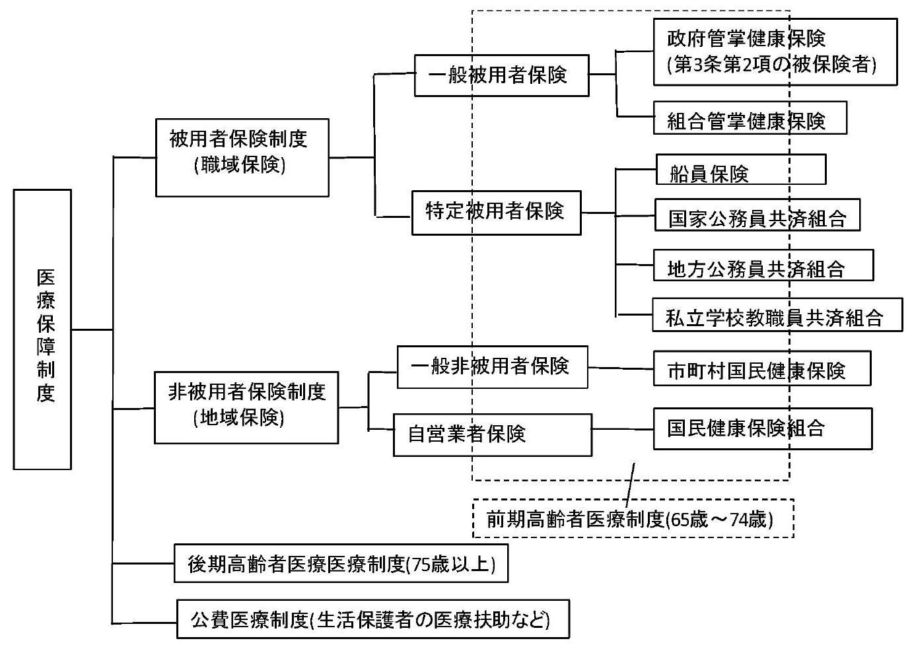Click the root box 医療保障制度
tap(42, 329)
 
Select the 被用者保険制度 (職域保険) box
tap(242, 157)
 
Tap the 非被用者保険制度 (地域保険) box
tap(246, 407)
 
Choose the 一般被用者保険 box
tap(501, 75)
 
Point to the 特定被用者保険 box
tap(496, 213)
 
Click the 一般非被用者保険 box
tap(492, 366)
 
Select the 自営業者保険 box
tap(492, 434)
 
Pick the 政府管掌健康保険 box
tap(775, 51)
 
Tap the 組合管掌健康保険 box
tap(750, 118)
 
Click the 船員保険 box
tap(740, 170)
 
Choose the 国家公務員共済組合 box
tap(757, 215)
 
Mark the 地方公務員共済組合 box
tap(763, 265)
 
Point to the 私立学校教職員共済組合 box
tap(777, 314)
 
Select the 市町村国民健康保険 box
tap(761, 368)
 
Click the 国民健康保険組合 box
tap(762, 428)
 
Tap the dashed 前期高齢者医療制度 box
tap(633, 518)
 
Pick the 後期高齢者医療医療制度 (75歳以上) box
tap(341, 563)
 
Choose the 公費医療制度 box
tap(372, 619)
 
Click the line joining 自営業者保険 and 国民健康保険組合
tap(622, 429)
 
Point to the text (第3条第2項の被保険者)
tap(771, 65)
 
